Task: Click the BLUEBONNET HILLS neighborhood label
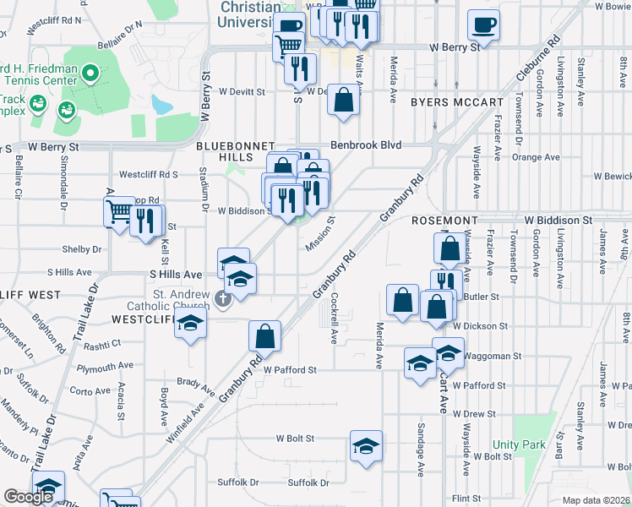coord(223,151)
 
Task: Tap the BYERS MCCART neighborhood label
coord(456,102)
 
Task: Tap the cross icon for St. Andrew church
coord(223,297)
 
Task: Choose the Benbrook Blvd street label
coord(365,144)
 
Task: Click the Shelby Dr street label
coord(80,249)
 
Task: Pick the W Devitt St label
coord(242,91)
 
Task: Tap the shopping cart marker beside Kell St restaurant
coord(118,211)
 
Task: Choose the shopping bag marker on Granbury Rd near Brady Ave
coord(264,335)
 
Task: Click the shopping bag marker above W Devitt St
coord(344,100)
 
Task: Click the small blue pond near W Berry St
coord(161,105)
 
